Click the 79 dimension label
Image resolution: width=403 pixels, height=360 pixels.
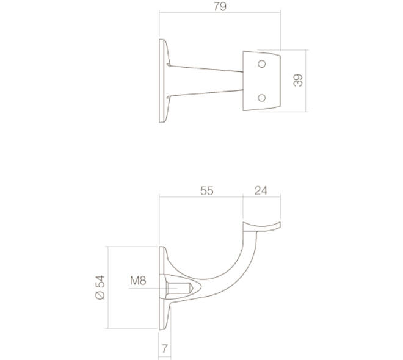(220, 7)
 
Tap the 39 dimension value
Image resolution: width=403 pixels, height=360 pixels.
(298, 81)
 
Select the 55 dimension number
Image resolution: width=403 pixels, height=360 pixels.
(207, 191)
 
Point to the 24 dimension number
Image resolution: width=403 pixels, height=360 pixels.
(261, 190)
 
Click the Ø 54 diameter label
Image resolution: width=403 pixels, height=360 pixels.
(100, 287)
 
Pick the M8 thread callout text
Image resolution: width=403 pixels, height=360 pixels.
(138, 281)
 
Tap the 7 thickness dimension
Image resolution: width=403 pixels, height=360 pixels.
(165, 348)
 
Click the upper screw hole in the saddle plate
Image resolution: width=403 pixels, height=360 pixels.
(261, 64)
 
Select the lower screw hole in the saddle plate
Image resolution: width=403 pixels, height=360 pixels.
(261, 98)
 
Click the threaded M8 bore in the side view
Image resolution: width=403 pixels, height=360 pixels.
(179, 289)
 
